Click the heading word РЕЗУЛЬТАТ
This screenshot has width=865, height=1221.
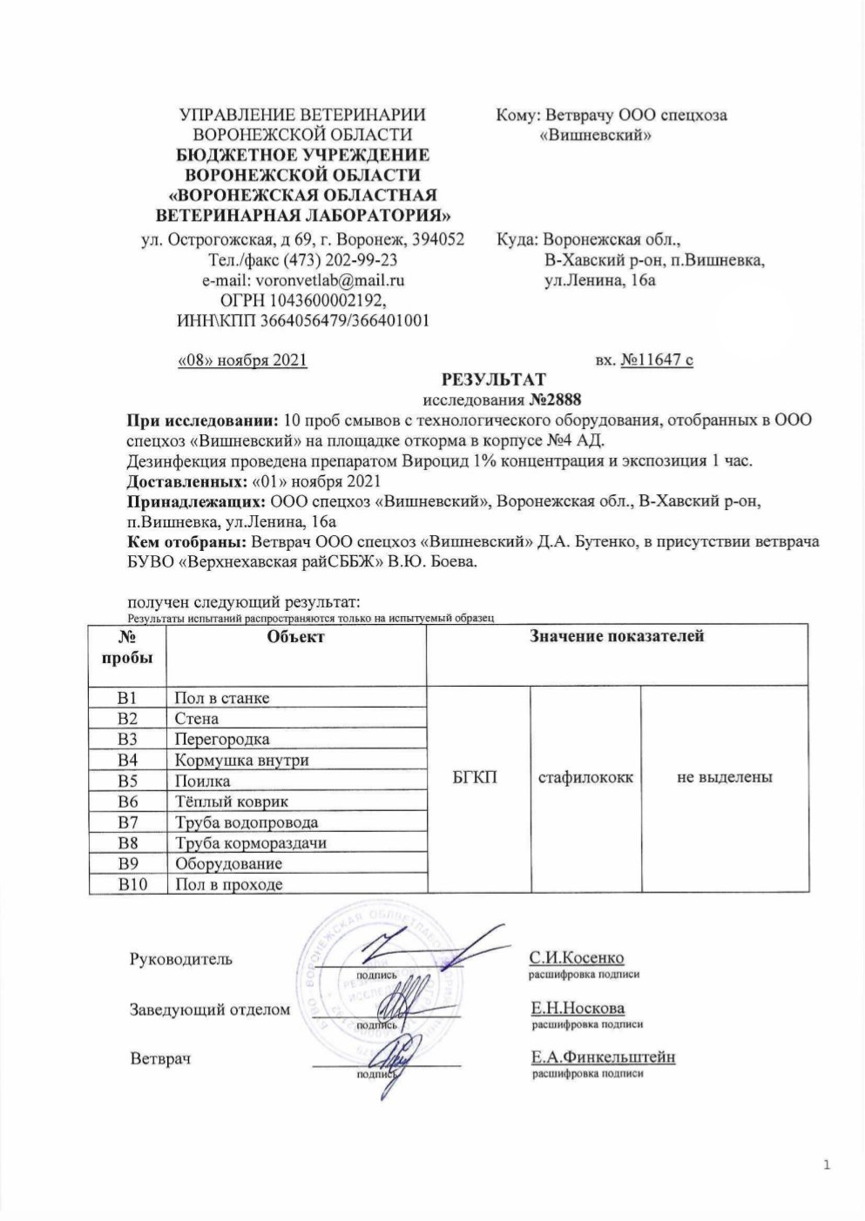pyautogui.click(x=494, y=379)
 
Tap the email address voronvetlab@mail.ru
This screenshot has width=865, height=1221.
pyautogui.click(x=328, y=280)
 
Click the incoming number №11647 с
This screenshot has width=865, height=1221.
pyautogui.click(x=657, y=359)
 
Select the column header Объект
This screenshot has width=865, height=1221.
pyautogui.click(x=296, y=637)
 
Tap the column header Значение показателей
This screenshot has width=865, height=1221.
pyautogui.click(x=618, y=637)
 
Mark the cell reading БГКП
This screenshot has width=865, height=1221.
pyautogui.click(x=476, y=776)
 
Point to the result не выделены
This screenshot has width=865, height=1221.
pyautogui.click(x=725, y=776)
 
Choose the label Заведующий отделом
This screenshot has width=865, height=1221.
pyautogui.click(x=209, y=1010)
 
